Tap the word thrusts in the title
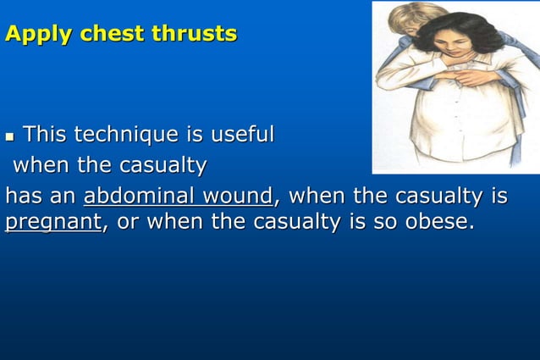[x=201, y=35]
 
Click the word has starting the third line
[x=23, y=197]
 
